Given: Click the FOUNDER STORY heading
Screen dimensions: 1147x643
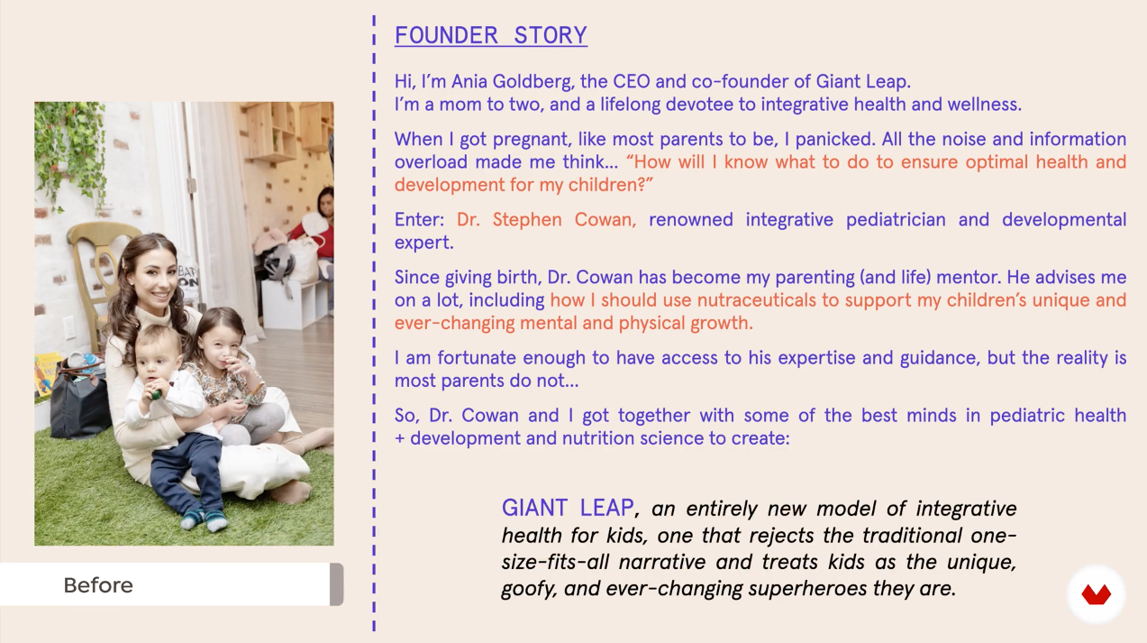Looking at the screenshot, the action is tap(490, 35).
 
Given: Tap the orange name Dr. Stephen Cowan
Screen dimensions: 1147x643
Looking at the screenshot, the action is tap(546, 219).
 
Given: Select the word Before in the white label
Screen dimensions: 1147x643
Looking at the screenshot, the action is tap(98, 585).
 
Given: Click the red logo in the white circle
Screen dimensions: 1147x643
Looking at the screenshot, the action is tap(1096, 594).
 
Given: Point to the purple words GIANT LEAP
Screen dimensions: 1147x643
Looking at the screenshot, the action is tap(568, 508).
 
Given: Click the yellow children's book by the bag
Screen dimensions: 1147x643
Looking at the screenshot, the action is tap(46, 374).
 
